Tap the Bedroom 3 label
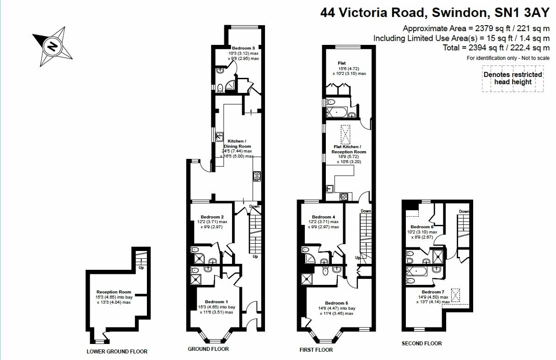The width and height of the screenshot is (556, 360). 243,48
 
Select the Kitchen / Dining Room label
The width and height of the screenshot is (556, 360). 237,143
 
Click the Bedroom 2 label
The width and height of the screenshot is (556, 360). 212,217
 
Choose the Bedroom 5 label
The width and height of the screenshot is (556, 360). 336,303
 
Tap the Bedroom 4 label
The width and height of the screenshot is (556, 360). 324,217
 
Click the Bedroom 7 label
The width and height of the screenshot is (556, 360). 433,292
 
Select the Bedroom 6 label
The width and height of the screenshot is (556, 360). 421,227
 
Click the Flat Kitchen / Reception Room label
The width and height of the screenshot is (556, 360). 349,149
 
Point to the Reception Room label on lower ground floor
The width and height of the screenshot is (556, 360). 113,292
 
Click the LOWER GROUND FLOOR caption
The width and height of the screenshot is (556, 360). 117,352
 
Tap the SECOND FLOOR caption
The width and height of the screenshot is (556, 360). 421,343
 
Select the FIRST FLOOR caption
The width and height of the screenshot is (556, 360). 316,349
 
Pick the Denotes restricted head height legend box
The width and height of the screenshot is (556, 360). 513,78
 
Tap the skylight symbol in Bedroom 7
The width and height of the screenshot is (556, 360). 455,295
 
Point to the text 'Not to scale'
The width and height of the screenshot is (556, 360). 534,58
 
